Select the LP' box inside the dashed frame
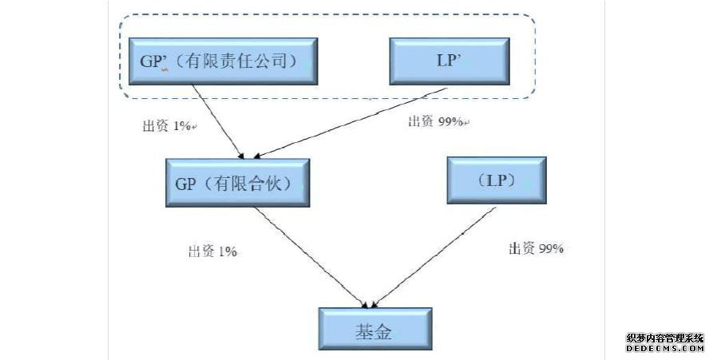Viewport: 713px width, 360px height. (449, 60)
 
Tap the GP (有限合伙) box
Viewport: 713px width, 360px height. (237, 183)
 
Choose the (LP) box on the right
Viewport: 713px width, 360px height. (497, 181)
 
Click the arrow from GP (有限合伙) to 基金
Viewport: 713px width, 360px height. (311, 257)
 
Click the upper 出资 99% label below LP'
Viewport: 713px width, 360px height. (438, 121)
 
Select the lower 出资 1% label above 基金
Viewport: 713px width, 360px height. (212, 251)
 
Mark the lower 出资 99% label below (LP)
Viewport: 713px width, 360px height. (537, 249)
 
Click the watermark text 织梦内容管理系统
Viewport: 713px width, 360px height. (665, 338)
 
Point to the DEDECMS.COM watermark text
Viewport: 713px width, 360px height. (665, 349)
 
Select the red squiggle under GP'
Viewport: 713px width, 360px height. (164, 69)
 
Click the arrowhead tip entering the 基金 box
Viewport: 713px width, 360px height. (369, 307)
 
